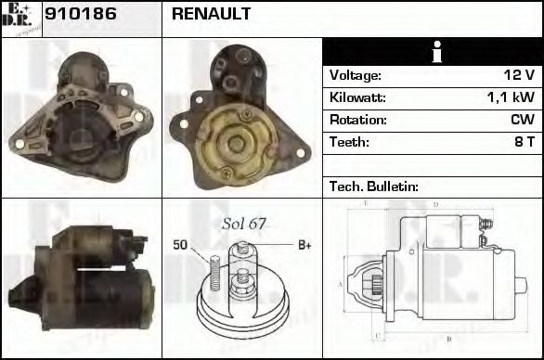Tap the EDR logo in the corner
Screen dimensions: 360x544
click(x=21, y=18)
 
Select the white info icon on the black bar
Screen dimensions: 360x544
click(x=432, y=52)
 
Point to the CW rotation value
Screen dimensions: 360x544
click(x=522, y=120)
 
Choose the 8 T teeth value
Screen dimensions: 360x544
click(x=525, y=142)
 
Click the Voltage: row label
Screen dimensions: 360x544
click(x=356, y=75)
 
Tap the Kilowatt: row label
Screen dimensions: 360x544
click(x=357, y=97)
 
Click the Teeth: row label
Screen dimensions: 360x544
click(x=349, y=142)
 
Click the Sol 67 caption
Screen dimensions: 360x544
click(x=244, y=224)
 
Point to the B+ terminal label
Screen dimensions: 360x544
click(x=304, y=245)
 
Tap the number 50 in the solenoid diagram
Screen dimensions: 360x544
click(x=181, y=245)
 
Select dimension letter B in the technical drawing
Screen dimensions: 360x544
click(x=447, y=339)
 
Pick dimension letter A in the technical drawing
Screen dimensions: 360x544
click(x=341, y=284)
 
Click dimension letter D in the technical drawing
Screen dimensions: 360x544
click(x=436, y=205)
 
